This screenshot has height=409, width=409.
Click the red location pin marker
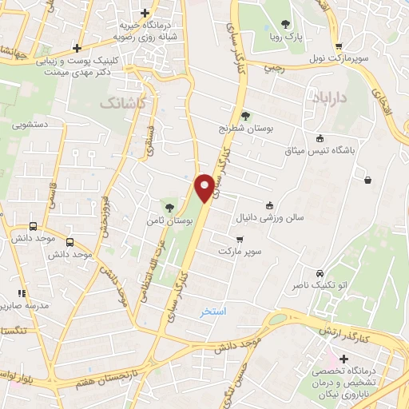[x=205, y=187]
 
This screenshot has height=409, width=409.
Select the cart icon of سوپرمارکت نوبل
[x=340, y=47]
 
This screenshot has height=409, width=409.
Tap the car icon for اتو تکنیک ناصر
[x=320, y=272]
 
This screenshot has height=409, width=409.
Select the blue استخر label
[x=214, y=311]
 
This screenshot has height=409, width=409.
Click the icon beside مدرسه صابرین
[x=22, y=294]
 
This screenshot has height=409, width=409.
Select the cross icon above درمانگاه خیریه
[x=144, y=13]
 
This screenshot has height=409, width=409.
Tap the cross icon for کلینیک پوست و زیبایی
[x=77, y=47]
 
